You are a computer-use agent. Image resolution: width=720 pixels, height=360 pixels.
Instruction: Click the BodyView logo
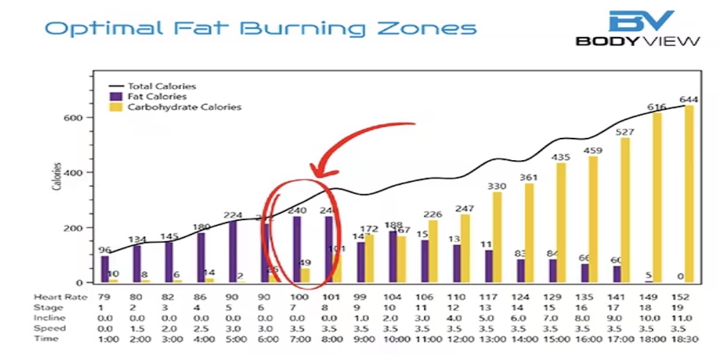click(x=638, y=28)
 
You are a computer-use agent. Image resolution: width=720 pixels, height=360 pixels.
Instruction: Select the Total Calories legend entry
click(x=161, y=86)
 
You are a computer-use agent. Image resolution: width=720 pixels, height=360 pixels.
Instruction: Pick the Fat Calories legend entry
click(x=157, y=97)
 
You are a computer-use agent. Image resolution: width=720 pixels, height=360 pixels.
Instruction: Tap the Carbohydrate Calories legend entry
click(x=184, y=107)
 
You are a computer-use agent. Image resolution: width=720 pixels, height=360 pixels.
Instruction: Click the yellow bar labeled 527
click(x=625, y=210)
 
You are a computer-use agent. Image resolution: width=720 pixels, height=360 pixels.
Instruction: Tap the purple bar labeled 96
click(x=105, y=269)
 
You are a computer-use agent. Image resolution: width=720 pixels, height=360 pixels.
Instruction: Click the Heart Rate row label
click(x=61, y=297)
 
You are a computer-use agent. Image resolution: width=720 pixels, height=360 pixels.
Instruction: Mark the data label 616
click(x=656, y=107)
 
